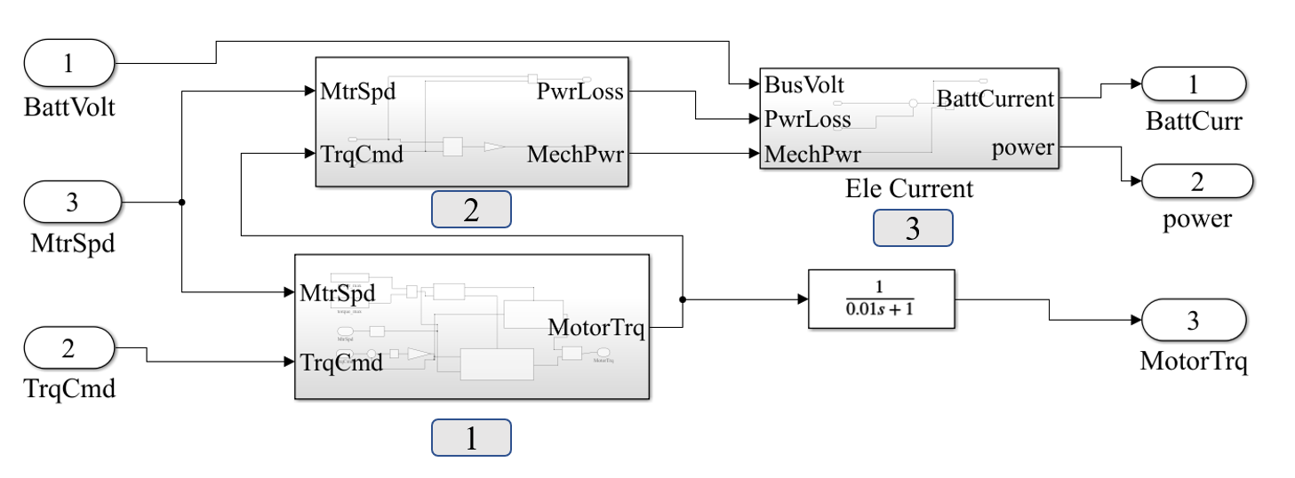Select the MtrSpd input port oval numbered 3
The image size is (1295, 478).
coord(71,202)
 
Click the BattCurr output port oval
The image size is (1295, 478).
coord(1194,84)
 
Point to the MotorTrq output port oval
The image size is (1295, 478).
coord(1194,322)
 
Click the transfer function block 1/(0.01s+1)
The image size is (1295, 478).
coord(879,299)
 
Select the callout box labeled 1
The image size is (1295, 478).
coord(471,438)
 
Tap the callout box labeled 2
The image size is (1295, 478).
coord(471,210)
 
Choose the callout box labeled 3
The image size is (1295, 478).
coord(913,228)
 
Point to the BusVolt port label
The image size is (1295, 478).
coord(804,85)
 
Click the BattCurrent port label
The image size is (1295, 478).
coord(995,99)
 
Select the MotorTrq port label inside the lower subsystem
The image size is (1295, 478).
coord(597,328)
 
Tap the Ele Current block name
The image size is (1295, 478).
coord(909,188)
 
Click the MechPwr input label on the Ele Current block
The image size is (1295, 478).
coord(812,154)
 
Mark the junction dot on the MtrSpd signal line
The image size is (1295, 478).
coord(181,202)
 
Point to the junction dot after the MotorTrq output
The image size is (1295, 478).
coord(682,299)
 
